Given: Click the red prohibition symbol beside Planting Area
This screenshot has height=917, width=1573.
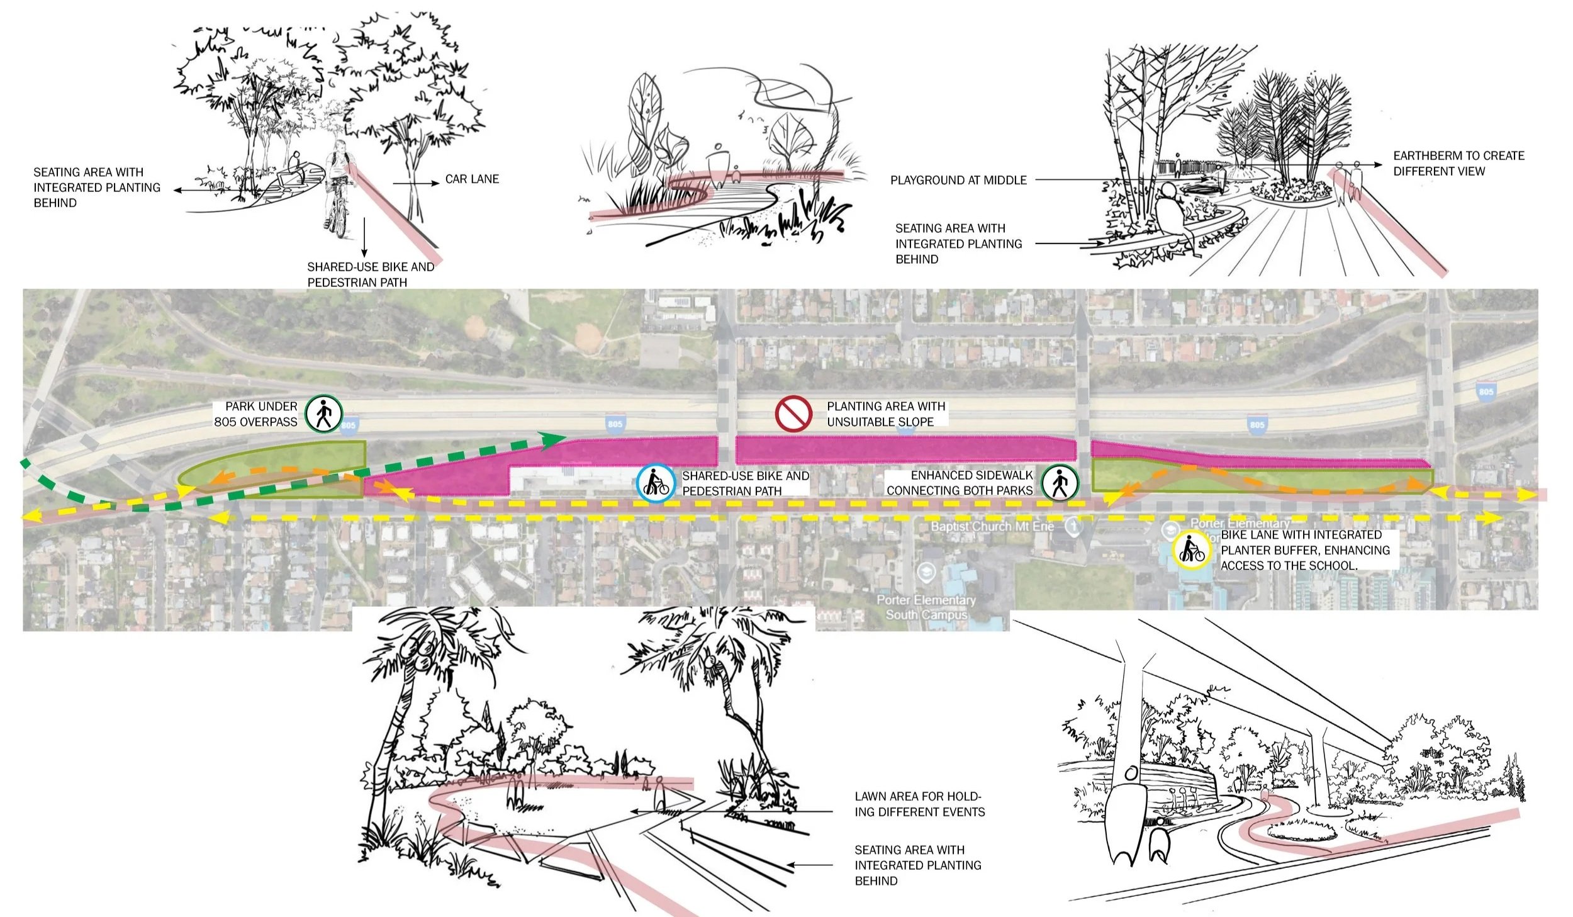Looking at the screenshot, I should coord(793,413).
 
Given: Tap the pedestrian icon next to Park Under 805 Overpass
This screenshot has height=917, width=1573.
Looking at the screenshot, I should coord(323,414).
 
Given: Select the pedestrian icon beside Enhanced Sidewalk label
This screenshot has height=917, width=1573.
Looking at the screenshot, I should coord(1060,483).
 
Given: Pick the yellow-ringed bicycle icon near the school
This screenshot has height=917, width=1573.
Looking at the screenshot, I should coord(1191,550).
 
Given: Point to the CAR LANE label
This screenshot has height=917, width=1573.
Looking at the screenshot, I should coord(472,179).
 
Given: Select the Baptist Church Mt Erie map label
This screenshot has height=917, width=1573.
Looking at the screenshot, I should coord(992,526).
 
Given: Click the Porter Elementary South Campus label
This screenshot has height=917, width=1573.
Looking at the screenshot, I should coord(926,607).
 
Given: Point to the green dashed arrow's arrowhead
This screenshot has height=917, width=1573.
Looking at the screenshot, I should coord(554,440).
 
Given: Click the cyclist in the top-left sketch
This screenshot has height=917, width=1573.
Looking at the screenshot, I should coord(338,189).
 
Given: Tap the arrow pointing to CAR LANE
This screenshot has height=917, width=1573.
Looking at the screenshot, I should coord(416,183).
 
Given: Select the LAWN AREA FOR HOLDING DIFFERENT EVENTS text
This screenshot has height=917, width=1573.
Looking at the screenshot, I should coord(919,804).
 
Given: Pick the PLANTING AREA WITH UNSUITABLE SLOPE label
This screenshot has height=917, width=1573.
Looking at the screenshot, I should coord(885,414).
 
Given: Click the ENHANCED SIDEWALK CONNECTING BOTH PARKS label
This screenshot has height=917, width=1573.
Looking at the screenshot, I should coord(960,483).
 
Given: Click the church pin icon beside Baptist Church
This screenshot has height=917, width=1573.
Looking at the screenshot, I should coord(1073,525).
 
